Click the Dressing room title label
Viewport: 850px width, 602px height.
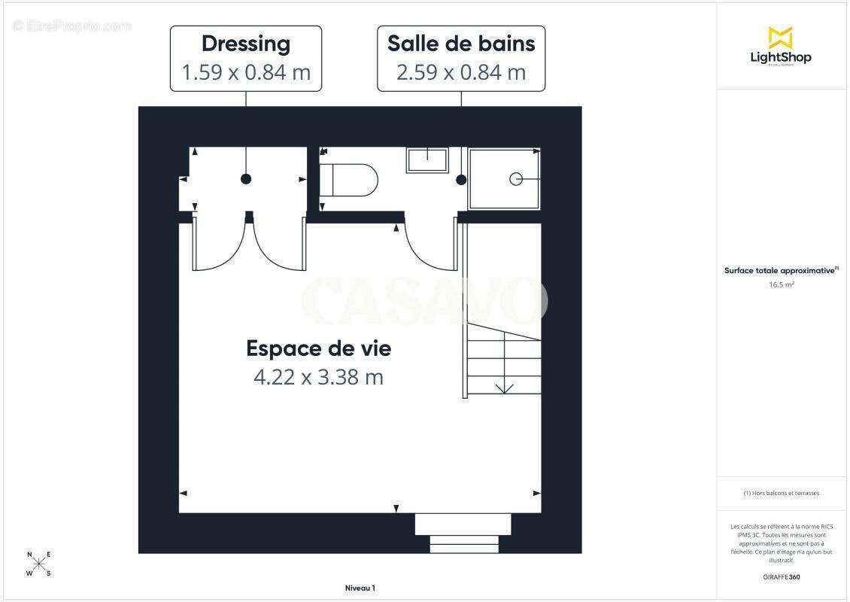coord(246,44)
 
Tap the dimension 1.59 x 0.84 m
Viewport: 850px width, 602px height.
coord(246,72)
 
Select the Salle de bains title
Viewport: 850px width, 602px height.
coord(461,44)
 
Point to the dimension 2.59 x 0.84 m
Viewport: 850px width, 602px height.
coord(461,72)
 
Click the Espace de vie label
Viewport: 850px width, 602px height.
coord(319,348)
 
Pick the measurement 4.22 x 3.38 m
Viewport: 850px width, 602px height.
coord(319,376)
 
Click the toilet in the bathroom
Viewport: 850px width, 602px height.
coord(350,180)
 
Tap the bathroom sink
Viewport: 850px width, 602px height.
coord(427,160)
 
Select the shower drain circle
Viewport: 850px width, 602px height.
coord(516,178)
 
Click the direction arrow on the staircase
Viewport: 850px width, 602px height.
coord(504,388)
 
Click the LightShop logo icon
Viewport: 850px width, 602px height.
coord(780,38)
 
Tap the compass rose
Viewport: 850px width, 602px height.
coord(40,564)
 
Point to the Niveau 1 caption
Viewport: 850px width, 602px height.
coord(360,588)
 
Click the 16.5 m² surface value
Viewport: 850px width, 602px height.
coord(781,285)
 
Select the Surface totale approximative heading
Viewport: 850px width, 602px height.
coord(780,270)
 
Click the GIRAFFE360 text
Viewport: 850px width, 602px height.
coord(781,577)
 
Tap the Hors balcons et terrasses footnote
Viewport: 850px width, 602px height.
coord(781,493)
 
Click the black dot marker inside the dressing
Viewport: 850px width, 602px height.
coord(246,178)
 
